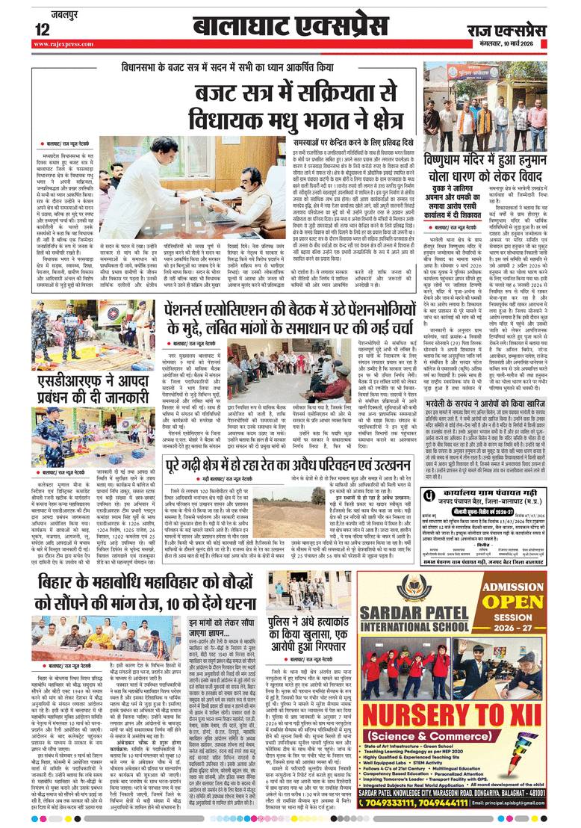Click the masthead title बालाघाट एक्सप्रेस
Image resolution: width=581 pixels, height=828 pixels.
(291, 27)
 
